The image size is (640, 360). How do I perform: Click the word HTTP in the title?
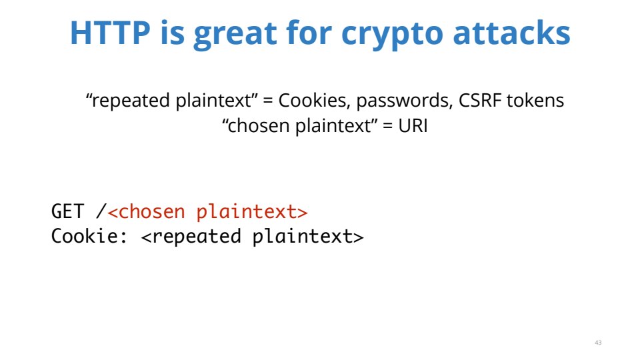(110, 33)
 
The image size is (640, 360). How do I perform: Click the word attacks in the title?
(511, 33)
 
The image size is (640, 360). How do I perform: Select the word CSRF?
(480, 101)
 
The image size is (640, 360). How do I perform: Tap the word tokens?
(535, 101)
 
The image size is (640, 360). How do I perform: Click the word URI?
(413, 125)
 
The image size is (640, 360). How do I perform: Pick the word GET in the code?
(67, 211)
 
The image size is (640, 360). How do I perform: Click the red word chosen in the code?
(152, 212)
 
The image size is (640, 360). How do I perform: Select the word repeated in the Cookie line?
(197, 237)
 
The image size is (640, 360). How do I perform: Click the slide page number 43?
(598, 343)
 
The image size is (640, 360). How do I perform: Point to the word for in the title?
(309, 33)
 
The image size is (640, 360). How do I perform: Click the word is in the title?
(172, 33)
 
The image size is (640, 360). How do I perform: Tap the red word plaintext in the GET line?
(247, 212)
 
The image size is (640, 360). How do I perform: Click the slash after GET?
(101, 211)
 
